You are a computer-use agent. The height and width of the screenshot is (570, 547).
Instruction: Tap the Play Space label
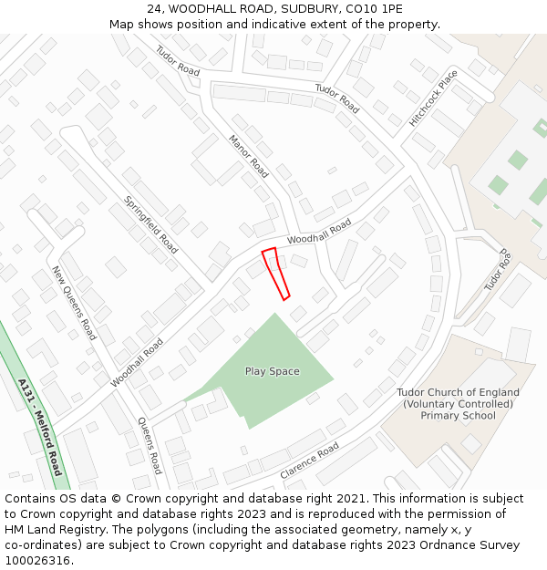(272, 371)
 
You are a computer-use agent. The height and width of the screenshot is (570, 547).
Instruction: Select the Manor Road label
(248, 156)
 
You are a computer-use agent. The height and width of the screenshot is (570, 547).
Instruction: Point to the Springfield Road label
(150, 223)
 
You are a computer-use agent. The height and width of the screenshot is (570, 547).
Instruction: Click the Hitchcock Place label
(433, 97)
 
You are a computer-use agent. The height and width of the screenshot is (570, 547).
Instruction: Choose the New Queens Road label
(73, 303)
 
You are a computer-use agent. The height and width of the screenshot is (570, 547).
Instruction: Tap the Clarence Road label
(309, 461)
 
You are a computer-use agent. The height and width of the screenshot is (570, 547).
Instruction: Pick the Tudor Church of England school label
(458, 404)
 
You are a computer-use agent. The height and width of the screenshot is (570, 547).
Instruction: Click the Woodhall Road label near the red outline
(319, 231)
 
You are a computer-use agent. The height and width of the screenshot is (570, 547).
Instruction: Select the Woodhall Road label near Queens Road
(137, 362)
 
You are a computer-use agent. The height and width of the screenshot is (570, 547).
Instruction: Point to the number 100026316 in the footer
(37, 560)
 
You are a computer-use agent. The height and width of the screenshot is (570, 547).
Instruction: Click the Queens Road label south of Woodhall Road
(150, 446)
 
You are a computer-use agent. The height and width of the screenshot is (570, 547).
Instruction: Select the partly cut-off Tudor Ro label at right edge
(498, 271)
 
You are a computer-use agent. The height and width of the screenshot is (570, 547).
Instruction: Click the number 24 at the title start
(154, 8)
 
